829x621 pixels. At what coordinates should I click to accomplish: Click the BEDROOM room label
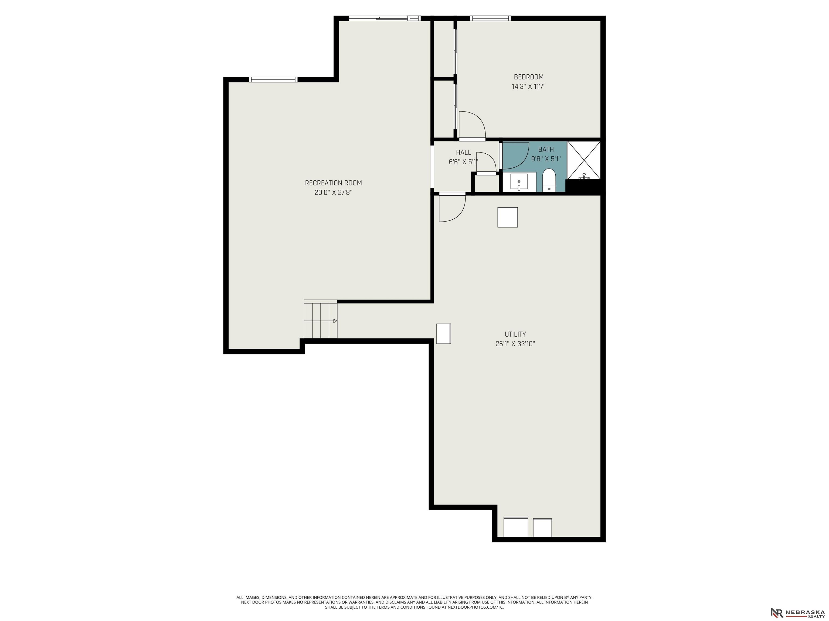point(528,77)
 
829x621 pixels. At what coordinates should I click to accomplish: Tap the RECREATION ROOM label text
point(333,183)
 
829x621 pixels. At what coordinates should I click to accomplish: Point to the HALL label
point(464,152)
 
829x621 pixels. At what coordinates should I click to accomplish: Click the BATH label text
point(546,149)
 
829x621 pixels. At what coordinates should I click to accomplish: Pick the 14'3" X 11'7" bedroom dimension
point(528,87)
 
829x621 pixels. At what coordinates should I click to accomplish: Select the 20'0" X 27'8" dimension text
point(333,193)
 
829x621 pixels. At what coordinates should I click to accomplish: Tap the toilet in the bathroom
point(549,180)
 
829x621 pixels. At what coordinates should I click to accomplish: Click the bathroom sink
point(519,182)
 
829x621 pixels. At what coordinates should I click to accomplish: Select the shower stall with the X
point(584,160)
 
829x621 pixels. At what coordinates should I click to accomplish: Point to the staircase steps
point(320,319)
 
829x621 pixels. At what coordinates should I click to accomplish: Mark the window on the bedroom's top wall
point(490,18)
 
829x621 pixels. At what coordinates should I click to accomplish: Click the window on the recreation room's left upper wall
point(273,79)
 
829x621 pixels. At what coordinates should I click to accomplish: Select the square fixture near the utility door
point(507,217)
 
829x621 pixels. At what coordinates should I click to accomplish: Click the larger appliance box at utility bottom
point(516,527)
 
